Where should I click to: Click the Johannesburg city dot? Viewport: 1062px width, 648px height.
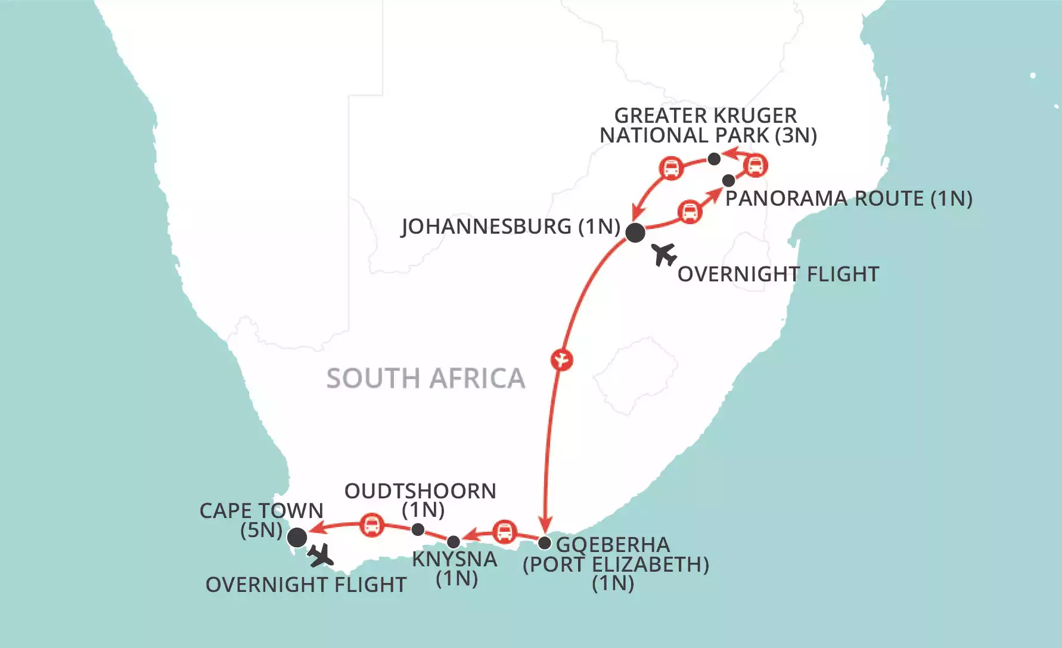tap(635, 232)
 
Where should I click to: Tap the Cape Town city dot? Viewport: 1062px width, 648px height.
tap(297, 537)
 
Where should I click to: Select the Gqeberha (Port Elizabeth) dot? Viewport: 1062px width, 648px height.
tap(544, 543)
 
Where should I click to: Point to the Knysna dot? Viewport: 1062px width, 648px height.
tap(454, 542)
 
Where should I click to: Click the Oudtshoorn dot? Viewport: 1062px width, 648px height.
tap(418, 529)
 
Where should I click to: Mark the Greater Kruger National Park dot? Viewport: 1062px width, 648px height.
tap(714, 159)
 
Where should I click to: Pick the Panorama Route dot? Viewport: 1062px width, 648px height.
tap(728, 180)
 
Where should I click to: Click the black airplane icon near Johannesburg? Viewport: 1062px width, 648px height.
tap(664, 255)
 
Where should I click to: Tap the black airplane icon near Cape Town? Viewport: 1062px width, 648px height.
tap(321, 556)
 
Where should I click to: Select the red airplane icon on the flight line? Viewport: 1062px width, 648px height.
tap(562, 360)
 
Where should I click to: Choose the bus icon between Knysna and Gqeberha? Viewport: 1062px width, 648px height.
tap(505, 531)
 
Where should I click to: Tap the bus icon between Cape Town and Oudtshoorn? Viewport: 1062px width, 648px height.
tap(372, 525)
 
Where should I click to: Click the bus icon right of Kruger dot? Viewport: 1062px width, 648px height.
tap(755, 165)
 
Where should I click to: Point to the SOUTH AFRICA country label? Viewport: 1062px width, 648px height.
tap(426, 379)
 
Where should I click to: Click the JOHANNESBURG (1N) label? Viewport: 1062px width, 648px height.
tap(511, 227)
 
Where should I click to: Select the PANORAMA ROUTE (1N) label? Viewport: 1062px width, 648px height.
tap(849, 199)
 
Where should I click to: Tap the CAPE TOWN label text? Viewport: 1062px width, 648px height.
tap(261, 511)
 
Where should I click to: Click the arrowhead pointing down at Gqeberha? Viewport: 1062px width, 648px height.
tap(545, 522)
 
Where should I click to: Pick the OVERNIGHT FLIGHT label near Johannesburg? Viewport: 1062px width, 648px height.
tap(778, 274)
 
